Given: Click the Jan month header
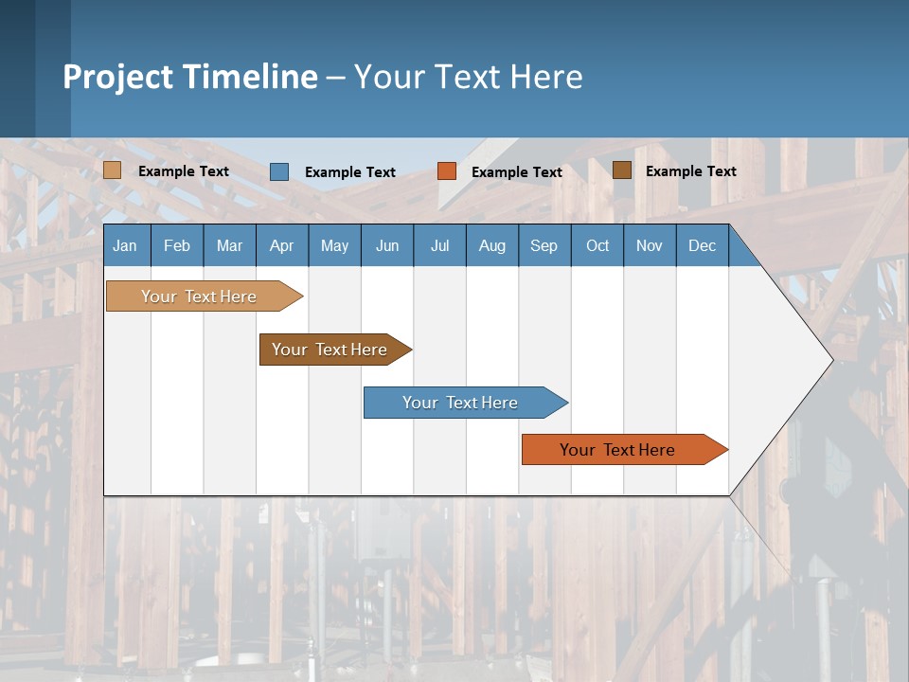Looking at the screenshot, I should pyautogui.click(x=126, y=245).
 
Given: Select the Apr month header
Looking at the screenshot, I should pyautogui.click(x=282, y=245).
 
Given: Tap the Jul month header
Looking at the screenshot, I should pyautogui.click(x=439, y=245).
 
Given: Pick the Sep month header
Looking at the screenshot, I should pyautogui.click(x=544, y=245).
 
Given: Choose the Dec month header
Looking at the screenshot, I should pyautogui.click(x=702, y=245).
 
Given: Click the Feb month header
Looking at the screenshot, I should pyautogui.click(x=177, y=245).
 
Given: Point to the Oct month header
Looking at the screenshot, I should pyautogui.click(x=597, y=245).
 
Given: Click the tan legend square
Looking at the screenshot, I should pyautogui.click(x=113, y=170).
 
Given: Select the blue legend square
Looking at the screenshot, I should pyautogui.click(x=279, y=171).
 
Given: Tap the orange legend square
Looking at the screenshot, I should pyautogui.click(x=447, y=171).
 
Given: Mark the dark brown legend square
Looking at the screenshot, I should pyautogui.click(x=622, y=170).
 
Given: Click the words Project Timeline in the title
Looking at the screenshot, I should pyautogui.click(x=190, y=77).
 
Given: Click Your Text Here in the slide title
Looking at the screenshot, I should pyautogui.click(x=468, y=77).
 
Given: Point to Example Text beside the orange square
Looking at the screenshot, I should pyautogui.click(x=516, y=172).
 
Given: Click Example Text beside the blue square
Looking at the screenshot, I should pyautogui.click(x=349, y=172).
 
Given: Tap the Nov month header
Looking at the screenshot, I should pyautogui.click(x=650, y=245).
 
